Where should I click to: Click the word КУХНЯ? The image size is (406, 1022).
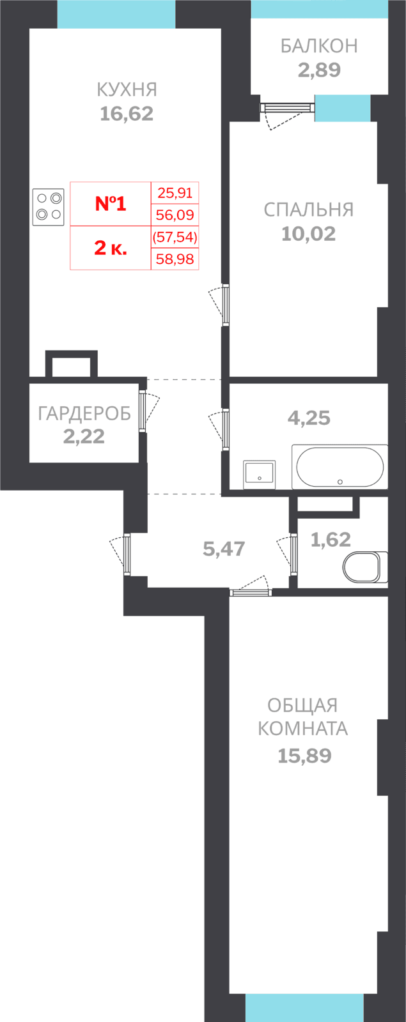127,90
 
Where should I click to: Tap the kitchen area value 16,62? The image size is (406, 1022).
127,114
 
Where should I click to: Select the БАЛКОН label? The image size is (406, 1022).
319,46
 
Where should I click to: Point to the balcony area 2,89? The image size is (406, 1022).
319,70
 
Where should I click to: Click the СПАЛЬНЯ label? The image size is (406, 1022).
309,210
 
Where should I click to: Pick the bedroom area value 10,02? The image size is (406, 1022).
309,234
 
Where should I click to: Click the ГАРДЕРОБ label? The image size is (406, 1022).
84,413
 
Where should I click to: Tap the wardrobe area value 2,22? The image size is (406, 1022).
84,437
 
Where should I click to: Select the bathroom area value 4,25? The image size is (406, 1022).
309,418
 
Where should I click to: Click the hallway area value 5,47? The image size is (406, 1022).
224,549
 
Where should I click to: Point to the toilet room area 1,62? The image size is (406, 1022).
331,540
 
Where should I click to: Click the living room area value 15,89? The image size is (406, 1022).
304,756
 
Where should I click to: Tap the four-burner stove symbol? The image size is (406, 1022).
49,207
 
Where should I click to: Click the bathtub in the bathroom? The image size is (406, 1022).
340,466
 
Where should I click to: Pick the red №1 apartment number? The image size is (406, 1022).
111,204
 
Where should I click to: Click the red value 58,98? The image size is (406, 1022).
175,259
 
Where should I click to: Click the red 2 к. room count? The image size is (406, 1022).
111,248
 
